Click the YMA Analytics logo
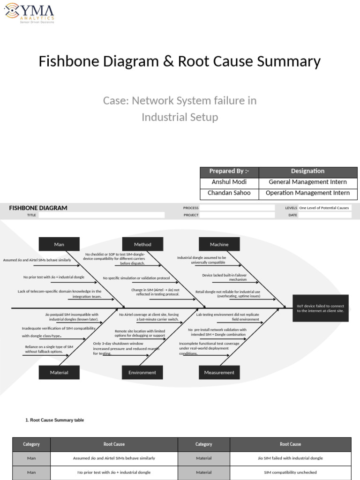point(29,13)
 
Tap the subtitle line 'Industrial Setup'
point(180,117)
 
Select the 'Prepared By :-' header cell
point(229,171)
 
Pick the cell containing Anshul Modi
point(229,182)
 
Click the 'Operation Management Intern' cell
point(307,193)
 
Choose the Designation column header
point(307,171)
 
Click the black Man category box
point(59,244)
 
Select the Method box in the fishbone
point(142,244)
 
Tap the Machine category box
point(219,244)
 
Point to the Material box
point(59,372)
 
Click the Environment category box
point(142,372)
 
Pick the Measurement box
point(219,372)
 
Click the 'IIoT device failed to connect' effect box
point(320,308)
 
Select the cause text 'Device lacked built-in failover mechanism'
point(224,277)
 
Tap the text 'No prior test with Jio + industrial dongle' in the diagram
point(54,277)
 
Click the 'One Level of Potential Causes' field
point(324,208)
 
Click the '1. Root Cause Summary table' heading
point(55,420)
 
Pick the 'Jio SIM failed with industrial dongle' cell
point(290,458)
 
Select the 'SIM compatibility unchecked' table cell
point(290,472)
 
